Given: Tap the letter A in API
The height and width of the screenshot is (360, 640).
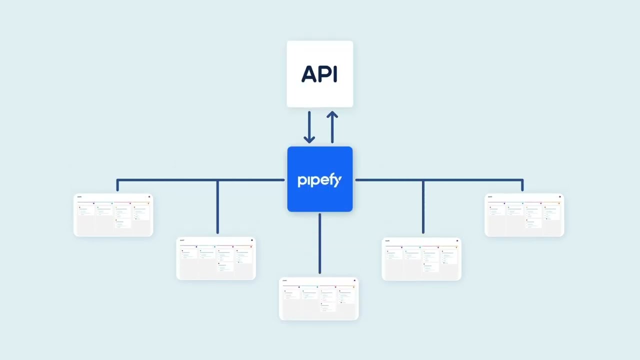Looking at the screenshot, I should coord(310,74).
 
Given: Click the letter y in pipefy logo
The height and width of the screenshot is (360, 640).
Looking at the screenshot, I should coord(337,181).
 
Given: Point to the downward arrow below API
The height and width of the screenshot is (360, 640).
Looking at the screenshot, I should coord(309,127).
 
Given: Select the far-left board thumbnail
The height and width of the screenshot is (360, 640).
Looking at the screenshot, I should coord(113,215).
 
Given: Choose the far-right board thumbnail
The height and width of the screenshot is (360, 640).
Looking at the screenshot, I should coord(524,215).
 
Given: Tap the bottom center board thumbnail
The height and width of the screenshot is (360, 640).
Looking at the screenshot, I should coord(319,299).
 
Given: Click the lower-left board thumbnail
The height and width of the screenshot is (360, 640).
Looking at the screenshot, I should coord(216,258).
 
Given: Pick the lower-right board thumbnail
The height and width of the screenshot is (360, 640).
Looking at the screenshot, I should coord(421,259).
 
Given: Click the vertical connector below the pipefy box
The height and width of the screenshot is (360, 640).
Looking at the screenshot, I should coord(319,244).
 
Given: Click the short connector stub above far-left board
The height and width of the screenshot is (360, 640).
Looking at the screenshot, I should coord(117,185).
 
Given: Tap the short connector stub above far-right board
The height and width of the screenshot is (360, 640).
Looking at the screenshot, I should coord(522,185).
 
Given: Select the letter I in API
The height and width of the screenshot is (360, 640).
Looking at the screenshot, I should coord(335,74).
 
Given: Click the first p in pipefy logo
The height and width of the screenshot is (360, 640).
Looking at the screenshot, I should coord(301,181).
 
